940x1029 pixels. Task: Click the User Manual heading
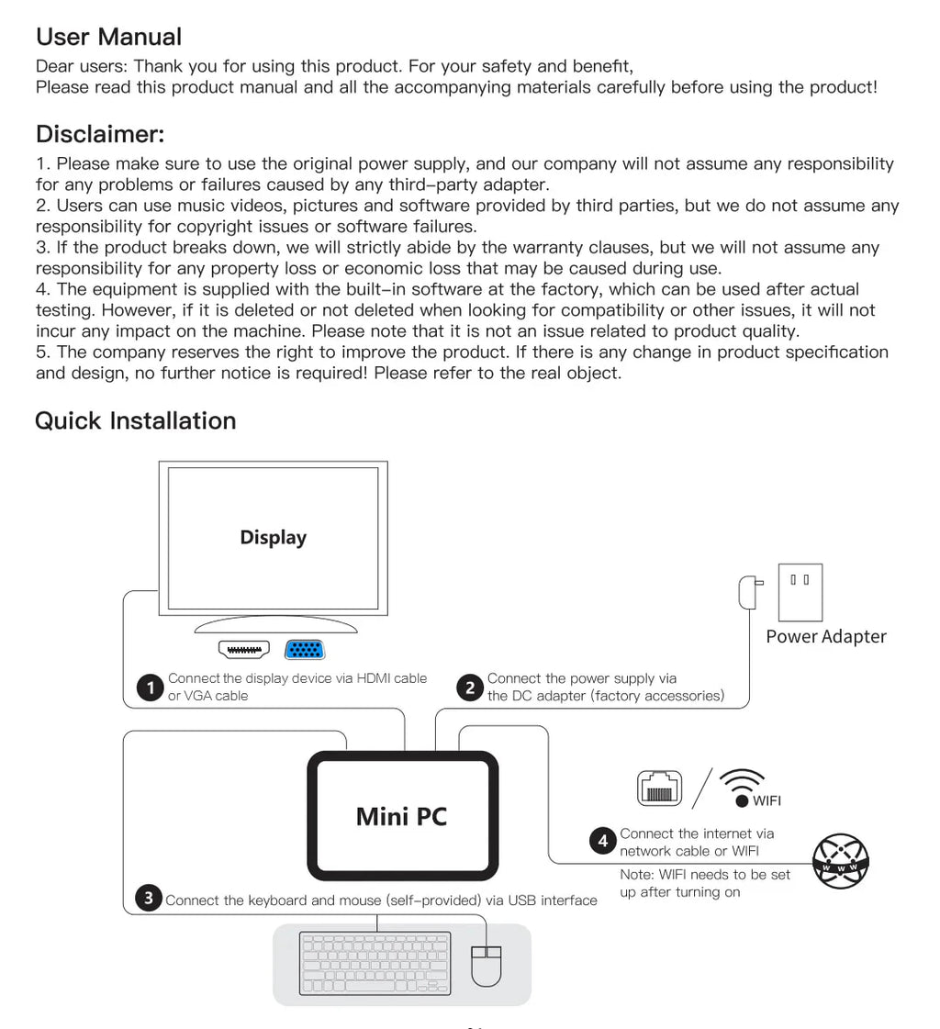coord(108,37)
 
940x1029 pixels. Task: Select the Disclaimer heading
coord(100,134)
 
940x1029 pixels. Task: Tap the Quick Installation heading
coord(136,420)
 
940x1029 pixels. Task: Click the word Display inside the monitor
coord(273,538)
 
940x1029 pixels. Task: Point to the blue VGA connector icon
coord(305,650)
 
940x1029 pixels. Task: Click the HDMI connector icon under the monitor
coord(244,650)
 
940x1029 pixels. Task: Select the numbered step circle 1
coord(150,688)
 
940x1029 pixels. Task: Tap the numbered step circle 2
coord(470,688)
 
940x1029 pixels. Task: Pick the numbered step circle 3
coord(149,899)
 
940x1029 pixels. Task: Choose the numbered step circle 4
coord(603,841)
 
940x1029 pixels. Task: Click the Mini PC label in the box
coord(401,816)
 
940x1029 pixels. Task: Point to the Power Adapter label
coord(826,637)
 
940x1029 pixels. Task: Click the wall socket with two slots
coord(800,592)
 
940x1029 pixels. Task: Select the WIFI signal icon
coord(743,786)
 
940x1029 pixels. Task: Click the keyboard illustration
coord(375,963)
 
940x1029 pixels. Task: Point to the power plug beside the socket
coord(749,592)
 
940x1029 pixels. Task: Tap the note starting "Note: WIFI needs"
coord(704,883)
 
